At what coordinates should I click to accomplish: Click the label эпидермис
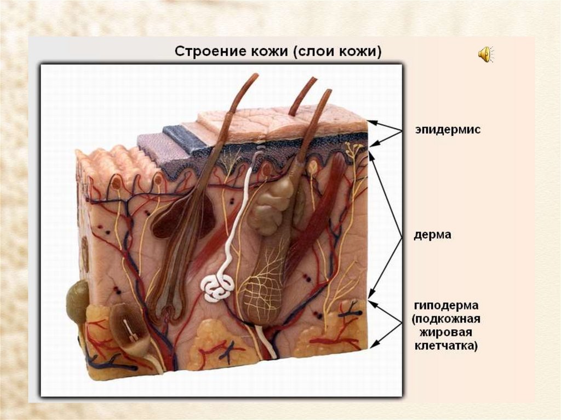click(447, 130)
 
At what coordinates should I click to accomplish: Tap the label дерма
click(433, 235)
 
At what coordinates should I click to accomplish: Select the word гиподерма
click(445, 305)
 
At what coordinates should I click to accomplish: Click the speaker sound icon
click(485, 54)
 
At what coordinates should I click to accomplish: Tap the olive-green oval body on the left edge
click(76, 301)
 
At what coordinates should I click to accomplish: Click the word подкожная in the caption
click(446, 319)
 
